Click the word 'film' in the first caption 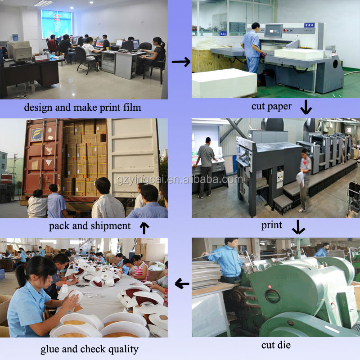(x=132, y=107)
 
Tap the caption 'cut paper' (x=272, y=107)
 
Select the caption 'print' (x=272, y=225)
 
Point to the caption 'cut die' (x=276, y=345)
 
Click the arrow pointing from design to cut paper (x=181, y=62)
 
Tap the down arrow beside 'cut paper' (x=306, y=107)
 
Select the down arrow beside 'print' (x=298, y=227)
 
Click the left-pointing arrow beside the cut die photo (x=182, y=284)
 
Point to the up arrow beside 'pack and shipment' (x=144, y=228)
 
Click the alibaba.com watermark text (x=180, y=180)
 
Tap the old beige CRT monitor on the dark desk (x=20, y=51)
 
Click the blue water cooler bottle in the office (x=15, y=38)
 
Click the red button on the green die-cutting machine (x=270, y=287)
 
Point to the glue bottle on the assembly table (x=64, y=285)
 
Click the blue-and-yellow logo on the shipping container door (x=37, y=135)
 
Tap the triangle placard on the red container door (x=49, y=162)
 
